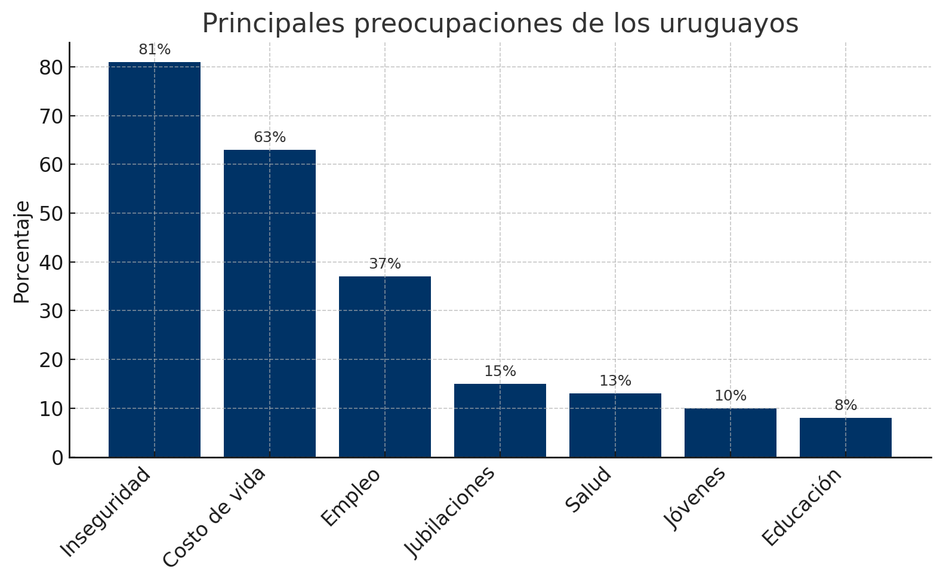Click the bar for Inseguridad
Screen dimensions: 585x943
(x=154, y=260)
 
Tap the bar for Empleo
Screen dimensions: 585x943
(x=384, y=367)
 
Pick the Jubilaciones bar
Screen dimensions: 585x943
(x=500, y=420)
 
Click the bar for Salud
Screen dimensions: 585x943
(x=615, y=425)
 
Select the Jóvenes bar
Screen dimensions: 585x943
(x=730, y=433)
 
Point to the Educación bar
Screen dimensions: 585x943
(x=845, y=438)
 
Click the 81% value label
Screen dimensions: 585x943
(x=155, y=50)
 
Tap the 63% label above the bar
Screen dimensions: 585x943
(x=270, y=138)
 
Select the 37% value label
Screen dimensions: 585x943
(x=385, y=264)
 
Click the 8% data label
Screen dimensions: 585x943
(x=846, y=406)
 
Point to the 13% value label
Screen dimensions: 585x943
(x=615, y=381)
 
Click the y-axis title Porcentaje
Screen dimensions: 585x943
(x=22, y=251)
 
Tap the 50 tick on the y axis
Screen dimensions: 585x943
(x=51, y=214)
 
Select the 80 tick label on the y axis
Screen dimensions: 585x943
(x=51, y=67)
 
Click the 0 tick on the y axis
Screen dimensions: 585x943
(x=57, y=458)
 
